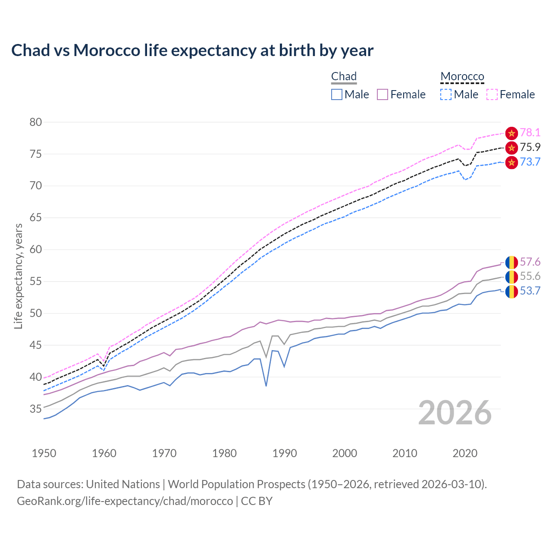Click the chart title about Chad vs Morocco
pyautogui.click(x=192, y=50)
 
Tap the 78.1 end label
pyautogui.click(x=530, y=133)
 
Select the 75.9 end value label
pyautogui.click(x=530, y=147)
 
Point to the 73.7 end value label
pyautogui.click(x=530, y=162)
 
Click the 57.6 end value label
pyautogui.click(x=530, y=262)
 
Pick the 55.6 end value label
pyautogui.click(x=530, y=276)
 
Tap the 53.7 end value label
pyautogui.click(x=530, y=291)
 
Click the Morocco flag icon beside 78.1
pyautogui.click(x=511, y=133)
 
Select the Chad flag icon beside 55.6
pyautogui.click(x=511, y=277)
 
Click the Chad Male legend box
pyautogui.click(x=337, y=94)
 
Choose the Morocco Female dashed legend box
pyautogui.click(x=492, y=94)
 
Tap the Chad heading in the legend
pyautogui.click(x=344, y=76)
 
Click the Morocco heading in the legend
pyautogui.click(x=462, y=76)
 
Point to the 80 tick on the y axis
pyautogui.click(x=36, y=122)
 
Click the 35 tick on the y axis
pyautogui.click(x=36, y=409)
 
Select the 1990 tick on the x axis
pyautogui.click(x=285, y=453)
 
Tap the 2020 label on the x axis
pyautogui.click(x=465, y=453)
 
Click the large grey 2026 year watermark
pyautogui.click(x=455, y=413)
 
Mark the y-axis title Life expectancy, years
pyautogui.click(x=19, y=276)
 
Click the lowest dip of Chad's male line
pyautogui.click(x=266, y=386)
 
